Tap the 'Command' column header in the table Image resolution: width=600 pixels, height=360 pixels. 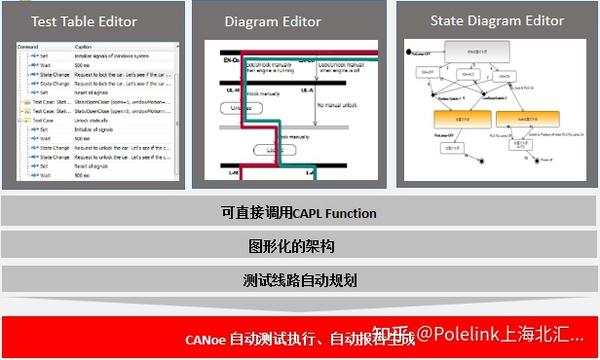tap(29, 46)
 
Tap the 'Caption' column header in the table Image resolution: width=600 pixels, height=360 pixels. tap(84, 46)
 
